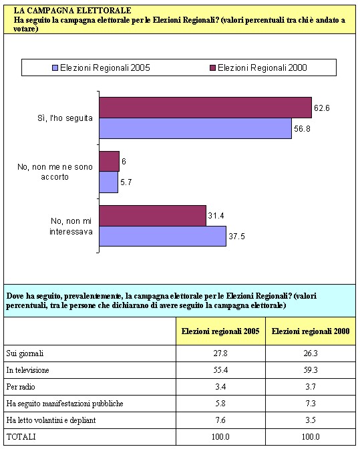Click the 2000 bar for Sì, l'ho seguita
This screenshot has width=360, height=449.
pos(206,108)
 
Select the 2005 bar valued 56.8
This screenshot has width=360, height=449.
pos(196,128)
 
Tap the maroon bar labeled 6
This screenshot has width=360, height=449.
pos(110,162)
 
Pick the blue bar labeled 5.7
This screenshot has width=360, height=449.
pos(109,182)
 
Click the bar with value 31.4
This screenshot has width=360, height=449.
pos(153,216)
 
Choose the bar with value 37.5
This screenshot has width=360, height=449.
pos(163,236)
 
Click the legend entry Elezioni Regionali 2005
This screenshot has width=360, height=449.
pos(101,68)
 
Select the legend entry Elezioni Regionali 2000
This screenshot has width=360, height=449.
pos(258,68)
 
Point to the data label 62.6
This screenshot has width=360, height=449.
pos(322,108)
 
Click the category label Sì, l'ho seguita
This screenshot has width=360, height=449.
pos(65,118)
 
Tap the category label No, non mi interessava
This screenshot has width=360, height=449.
pos(71,226)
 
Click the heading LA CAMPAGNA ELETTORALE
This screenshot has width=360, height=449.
pos(72,11)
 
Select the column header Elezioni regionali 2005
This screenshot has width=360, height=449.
pos(220,331)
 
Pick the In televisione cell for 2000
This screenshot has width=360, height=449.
pos(311,370)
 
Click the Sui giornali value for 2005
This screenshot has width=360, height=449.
pos(220,353)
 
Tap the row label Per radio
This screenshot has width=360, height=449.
pos(21,387)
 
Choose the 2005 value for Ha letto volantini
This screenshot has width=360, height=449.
pos(220,420)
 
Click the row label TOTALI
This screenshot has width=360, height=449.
pos(21,437)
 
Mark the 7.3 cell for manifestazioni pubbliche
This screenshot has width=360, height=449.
pos(311,404)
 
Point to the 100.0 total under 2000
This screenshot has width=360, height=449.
pos(311,437)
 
